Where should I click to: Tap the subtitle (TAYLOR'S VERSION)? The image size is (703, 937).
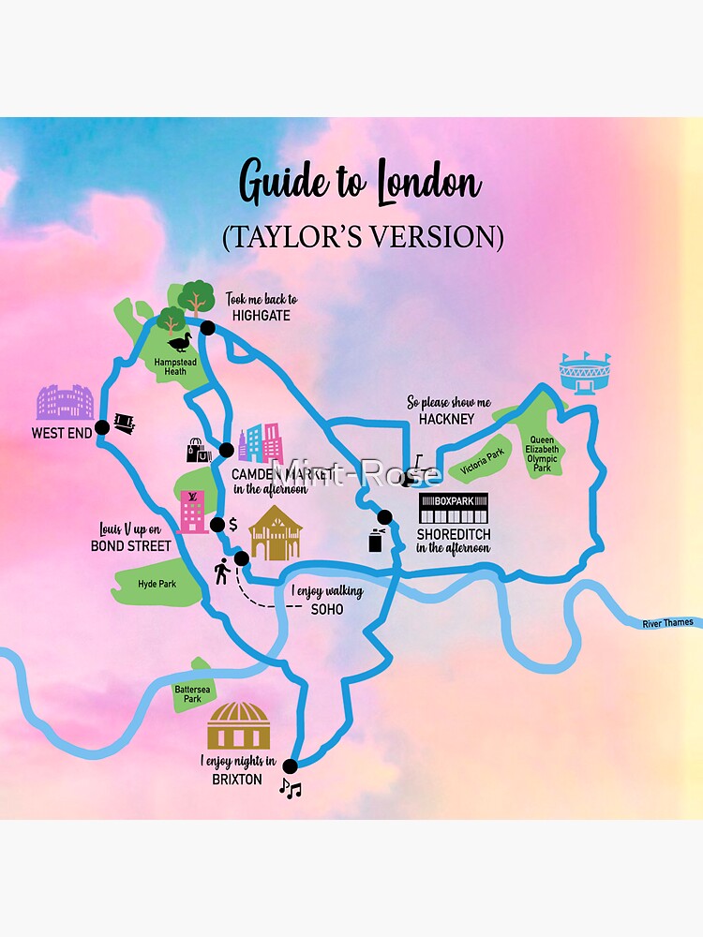coord(363,237)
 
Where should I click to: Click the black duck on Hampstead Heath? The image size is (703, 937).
coord(179,341)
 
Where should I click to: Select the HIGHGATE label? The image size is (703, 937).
coord(261,316)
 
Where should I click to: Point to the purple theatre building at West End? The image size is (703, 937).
coord(65,402)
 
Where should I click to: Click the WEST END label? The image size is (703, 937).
coord(62,433)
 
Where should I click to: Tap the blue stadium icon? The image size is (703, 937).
coord(584,374)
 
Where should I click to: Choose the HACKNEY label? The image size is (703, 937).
coord(448,419)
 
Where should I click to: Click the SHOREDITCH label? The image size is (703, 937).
coord(454,535)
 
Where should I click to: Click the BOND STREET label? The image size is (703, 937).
coord(131,545)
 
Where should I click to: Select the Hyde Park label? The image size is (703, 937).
coord(157,584)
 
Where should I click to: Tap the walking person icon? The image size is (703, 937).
coord(222,571)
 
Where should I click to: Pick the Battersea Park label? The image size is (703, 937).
coord(187,692)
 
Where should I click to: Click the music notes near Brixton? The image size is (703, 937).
coord(291,789)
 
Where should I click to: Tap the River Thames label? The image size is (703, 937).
coord(667,623)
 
